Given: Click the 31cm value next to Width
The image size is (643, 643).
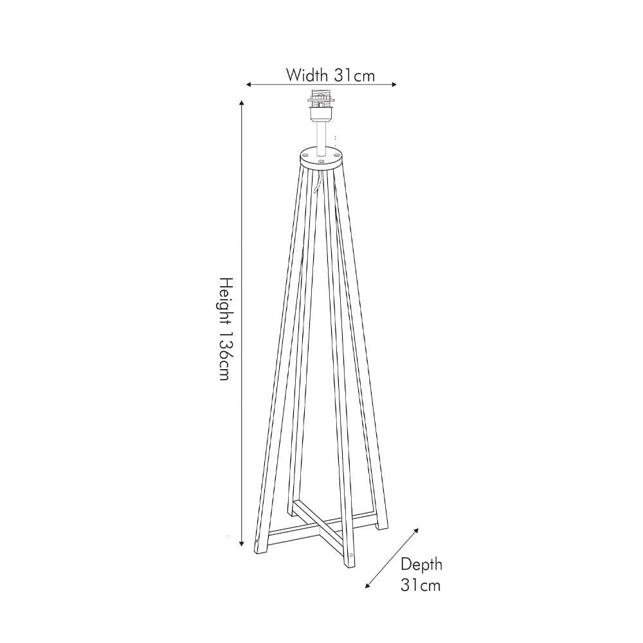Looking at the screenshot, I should (354, 75).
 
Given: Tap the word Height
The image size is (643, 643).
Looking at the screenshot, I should (224, 302).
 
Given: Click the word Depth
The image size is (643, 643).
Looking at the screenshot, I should (422, 565).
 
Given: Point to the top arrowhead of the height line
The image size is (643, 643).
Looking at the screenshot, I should (242, 104).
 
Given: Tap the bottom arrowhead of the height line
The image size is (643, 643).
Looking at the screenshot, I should (242, 541).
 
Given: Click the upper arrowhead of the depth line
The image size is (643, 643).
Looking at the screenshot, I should (416, 531).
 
